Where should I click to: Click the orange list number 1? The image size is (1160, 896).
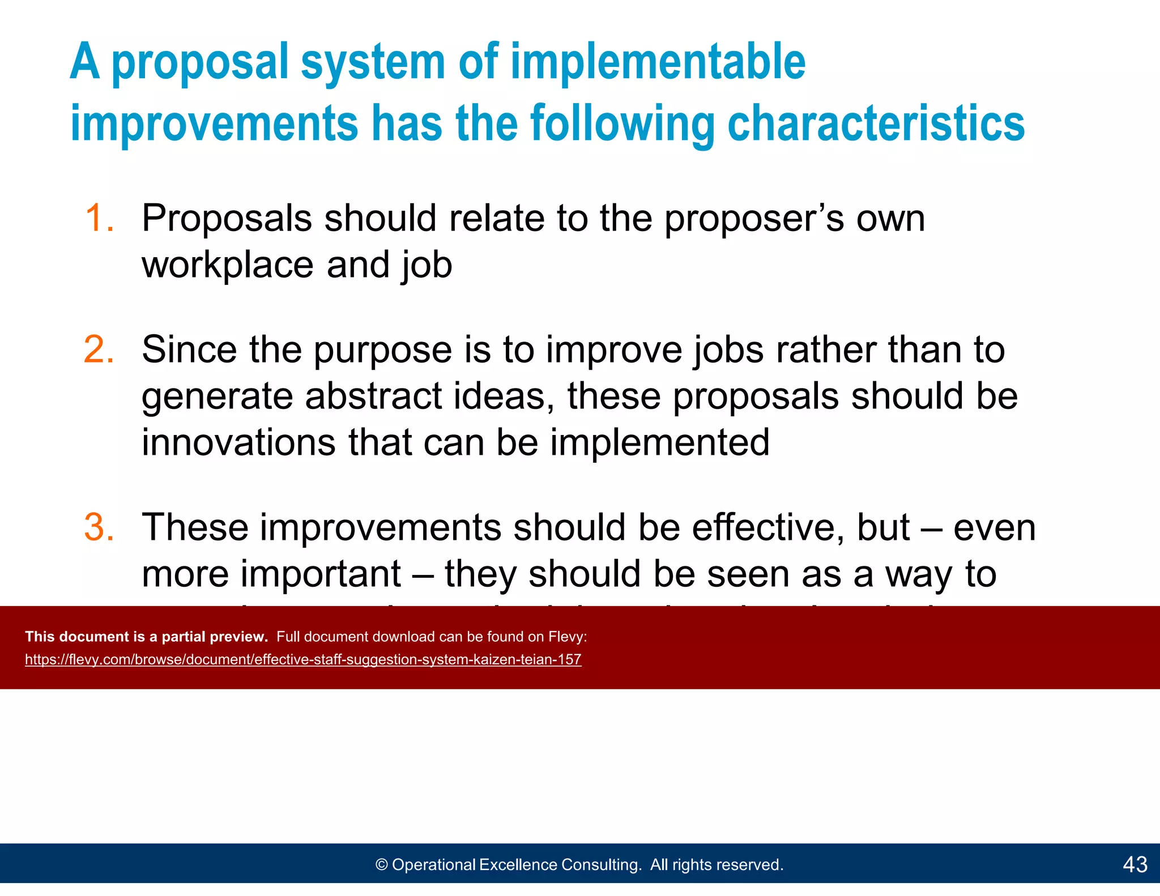pyautogui.click(x=99, y=218)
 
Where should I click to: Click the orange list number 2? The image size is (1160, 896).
pyautogui.click(x=99, y=349)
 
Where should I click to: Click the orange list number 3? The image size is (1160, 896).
pyautogui.click(x=99, y=527)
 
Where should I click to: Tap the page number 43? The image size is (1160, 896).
pyautogui.click(x=1135, y=864)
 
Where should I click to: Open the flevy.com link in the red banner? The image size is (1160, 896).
pyautogui.click(x=303, y=659)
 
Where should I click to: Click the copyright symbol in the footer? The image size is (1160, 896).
pyautogui.click(x=382, y=864)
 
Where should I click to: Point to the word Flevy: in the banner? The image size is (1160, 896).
pyautogui.click(x=567, y=637)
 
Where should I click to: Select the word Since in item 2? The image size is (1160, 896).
pyautogui.click(x=189, y=349)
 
